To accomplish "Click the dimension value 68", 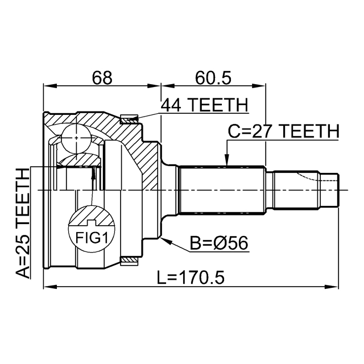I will (x=103, y=77).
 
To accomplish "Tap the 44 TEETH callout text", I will (x=205, y=105).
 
